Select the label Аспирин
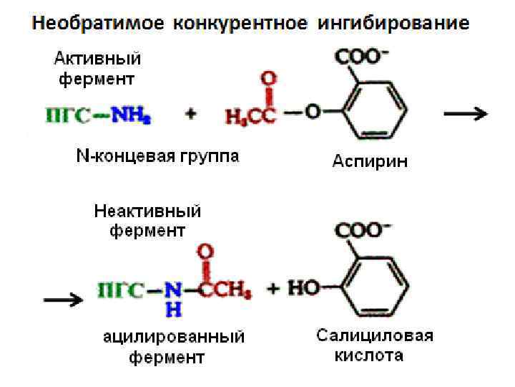click(370, 162)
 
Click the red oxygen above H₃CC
click(268, 77)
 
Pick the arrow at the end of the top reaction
click(466, 113)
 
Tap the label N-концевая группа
click(158, 156)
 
